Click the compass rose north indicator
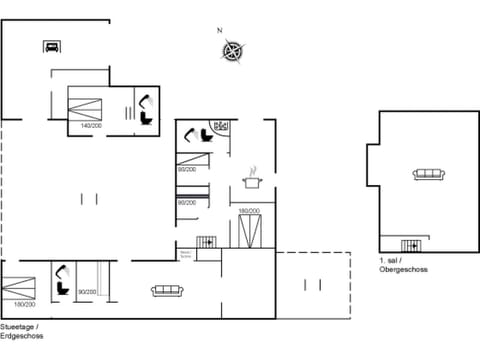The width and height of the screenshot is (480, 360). pos(232,49)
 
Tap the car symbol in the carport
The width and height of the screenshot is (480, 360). pos(51,45)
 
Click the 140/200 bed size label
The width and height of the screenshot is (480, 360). pos(91,126)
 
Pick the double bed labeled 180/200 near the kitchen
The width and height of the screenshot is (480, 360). pos(250,230)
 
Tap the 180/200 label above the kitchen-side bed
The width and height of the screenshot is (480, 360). pos(249,210)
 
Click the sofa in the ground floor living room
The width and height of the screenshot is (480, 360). pos(166,290)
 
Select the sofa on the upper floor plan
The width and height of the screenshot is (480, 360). pos(428,175)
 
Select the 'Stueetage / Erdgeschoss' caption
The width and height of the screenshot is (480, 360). pos(21,331)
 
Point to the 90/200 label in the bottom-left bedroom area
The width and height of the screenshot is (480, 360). pos(87,292)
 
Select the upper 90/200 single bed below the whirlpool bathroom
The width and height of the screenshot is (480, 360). pos(189,160)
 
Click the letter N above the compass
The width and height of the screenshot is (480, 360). pos(220,31)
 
